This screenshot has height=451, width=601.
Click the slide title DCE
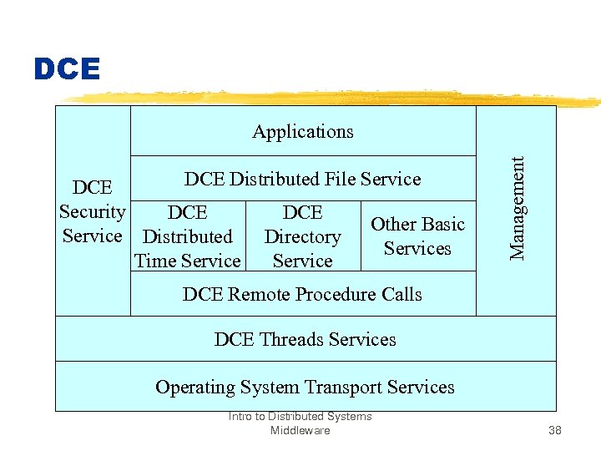67,69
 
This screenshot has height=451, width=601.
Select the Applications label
303,132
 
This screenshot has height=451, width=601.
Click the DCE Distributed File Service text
302,179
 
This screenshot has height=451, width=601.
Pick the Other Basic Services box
417,236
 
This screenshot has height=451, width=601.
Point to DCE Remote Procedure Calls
302,294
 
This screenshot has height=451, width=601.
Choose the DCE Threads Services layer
305,339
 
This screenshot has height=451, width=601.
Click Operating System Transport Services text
305,387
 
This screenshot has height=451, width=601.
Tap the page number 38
555,431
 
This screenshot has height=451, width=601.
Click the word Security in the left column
92,212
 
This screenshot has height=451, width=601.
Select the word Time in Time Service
155,261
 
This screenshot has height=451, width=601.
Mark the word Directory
302,237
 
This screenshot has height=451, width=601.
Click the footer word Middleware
300,431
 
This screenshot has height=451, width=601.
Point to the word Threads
292,339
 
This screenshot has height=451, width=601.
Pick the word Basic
442,225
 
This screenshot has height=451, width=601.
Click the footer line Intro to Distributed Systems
300,417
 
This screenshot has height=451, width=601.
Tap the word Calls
399,294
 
